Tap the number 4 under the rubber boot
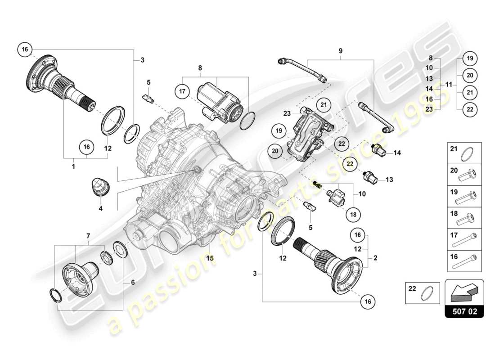100,208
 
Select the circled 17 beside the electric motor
183,92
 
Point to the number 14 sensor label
397,153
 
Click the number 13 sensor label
389,180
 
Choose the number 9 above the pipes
341,51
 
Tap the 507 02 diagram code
464,311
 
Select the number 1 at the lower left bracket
73,166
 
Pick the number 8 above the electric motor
200,68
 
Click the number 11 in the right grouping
448,84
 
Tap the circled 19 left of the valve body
279,131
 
